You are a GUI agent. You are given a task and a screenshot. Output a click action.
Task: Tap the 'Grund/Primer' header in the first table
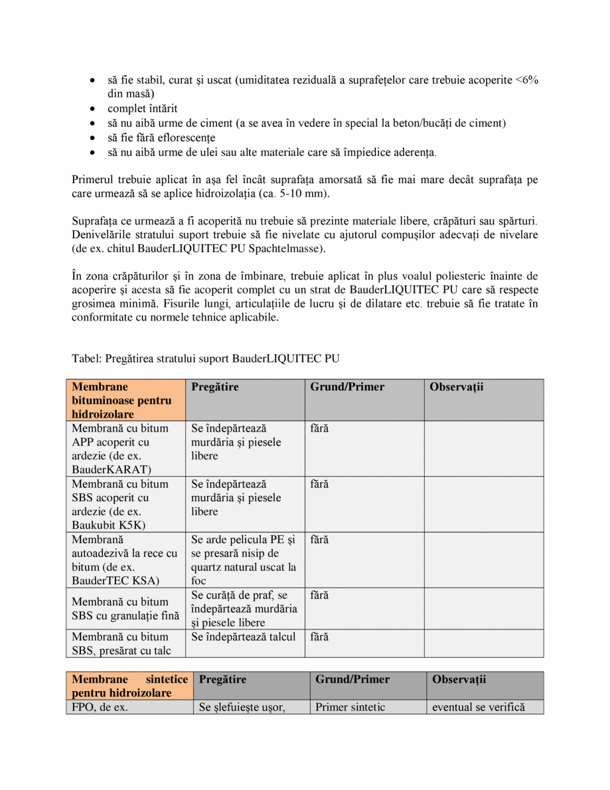[x=346, y=387]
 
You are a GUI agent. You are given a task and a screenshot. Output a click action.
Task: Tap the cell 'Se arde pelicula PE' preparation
[x=244, y=560]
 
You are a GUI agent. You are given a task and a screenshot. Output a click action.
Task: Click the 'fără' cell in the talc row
[x=319, y=637]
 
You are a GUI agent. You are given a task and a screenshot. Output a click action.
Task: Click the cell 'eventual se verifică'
[x=478, y=708]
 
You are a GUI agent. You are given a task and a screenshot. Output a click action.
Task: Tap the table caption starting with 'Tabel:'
[x=205, y=359]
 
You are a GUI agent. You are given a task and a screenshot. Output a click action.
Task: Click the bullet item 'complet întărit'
[x=142, y=108]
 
